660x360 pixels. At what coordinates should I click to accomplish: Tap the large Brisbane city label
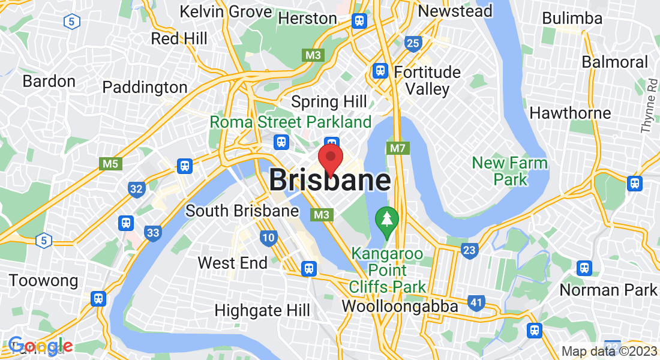[330, 180]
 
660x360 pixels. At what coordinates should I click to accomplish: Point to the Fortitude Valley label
[428, 81]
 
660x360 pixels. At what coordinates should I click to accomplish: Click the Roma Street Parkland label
[291, 122]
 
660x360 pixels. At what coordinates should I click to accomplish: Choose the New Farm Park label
[510, 171]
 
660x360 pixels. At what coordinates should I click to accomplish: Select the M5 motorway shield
[109, 163]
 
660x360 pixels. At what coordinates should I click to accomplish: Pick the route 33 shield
[153, 232]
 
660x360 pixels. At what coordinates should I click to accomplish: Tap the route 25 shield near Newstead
[413, 43]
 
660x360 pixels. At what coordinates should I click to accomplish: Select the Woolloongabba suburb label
[400, 307]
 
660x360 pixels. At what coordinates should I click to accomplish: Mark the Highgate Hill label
[262, 310]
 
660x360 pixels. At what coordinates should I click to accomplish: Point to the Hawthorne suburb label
[570, 113]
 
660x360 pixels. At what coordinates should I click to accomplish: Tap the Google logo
[41, 346]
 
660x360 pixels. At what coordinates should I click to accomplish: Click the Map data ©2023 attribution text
[609, 351]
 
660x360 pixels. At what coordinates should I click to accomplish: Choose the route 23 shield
[470, 250]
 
